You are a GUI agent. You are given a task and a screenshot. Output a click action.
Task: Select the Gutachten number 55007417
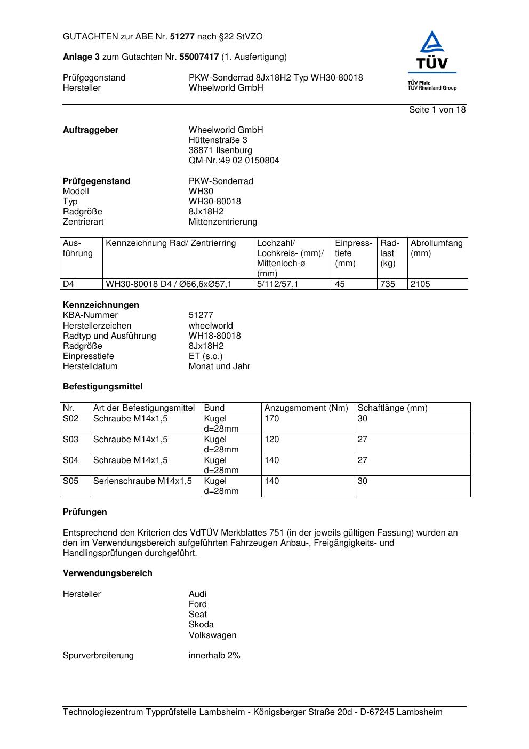point(199,57)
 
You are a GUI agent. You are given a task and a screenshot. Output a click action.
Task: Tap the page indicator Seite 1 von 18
point(437,110)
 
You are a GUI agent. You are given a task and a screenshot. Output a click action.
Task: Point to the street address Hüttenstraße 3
point(218,140)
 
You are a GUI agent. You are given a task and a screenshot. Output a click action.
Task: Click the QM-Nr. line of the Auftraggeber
point(234,161)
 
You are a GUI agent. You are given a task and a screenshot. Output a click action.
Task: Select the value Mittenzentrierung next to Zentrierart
point(222,222)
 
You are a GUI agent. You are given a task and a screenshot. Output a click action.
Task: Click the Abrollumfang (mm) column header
point(436,248)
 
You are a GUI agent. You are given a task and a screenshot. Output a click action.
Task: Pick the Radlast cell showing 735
point(388,284)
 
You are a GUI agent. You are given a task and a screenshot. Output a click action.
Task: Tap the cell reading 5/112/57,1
point(277,284)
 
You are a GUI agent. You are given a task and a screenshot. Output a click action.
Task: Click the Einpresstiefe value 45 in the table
point(340,284)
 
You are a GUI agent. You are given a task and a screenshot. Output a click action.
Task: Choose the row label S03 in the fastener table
point(70,440)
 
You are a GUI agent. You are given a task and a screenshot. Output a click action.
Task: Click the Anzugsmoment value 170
point(271,419)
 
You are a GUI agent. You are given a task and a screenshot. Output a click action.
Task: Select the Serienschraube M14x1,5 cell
point(142,481)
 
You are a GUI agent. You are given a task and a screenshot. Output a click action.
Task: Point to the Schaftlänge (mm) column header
point(392,408)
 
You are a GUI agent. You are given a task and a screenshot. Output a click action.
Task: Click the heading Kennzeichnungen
point(101,305)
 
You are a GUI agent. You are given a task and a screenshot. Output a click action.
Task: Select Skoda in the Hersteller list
point(201,625)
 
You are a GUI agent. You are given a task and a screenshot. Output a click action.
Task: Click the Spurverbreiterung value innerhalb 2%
point(214,656)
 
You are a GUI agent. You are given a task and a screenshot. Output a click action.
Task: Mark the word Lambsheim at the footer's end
point(419,712)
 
